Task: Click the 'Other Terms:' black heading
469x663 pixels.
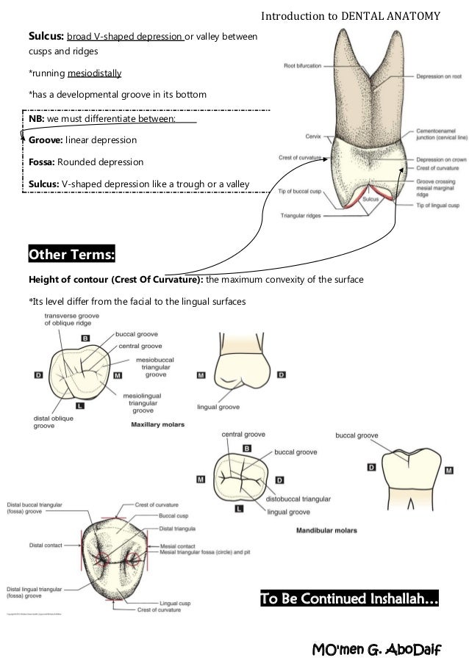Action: click(71, 255)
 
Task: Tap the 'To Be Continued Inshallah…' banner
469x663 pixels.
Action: click(350, 601)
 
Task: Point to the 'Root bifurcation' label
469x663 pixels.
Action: click(303, 66)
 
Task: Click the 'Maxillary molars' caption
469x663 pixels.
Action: click(157, 424)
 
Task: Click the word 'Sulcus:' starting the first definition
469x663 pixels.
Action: click(46, 35)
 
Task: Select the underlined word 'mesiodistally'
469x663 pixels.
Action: click(95, 73)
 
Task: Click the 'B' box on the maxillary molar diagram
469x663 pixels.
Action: click(85, 338)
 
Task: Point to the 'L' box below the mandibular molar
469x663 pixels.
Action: click(240, 507)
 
